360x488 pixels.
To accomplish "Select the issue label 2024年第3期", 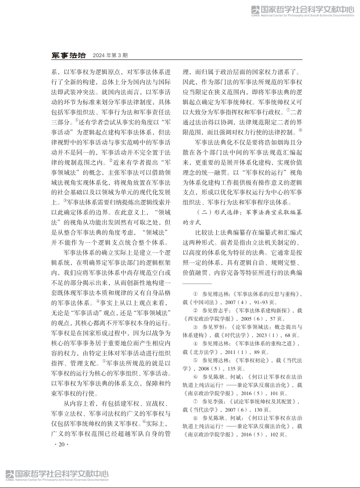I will pos(110,55).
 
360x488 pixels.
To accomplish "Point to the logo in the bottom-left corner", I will pos(57,476).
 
